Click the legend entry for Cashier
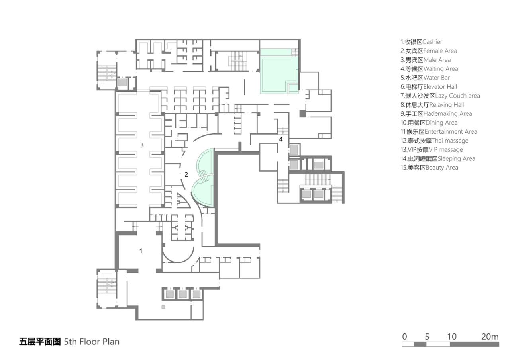coord(421,42)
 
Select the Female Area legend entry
coord(429,51)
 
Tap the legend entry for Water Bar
coord(425,78)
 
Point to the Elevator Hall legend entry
coord(429,87)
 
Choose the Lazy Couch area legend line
coord(440,96)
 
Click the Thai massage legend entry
coord(434,141)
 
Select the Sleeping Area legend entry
coord(437,158)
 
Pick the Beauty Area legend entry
coord(429,168)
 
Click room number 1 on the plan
coord(141,251)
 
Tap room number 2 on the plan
coord(186,174)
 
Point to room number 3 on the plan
coord(142,145)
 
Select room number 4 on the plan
coord(281,139)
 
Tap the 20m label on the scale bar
coord(490,337)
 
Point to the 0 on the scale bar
coord(404,337)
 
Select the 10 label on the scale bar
coord(451,337)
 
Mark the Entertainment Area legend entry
coord(439,132)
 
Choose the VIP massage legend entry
coord(432,150)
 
